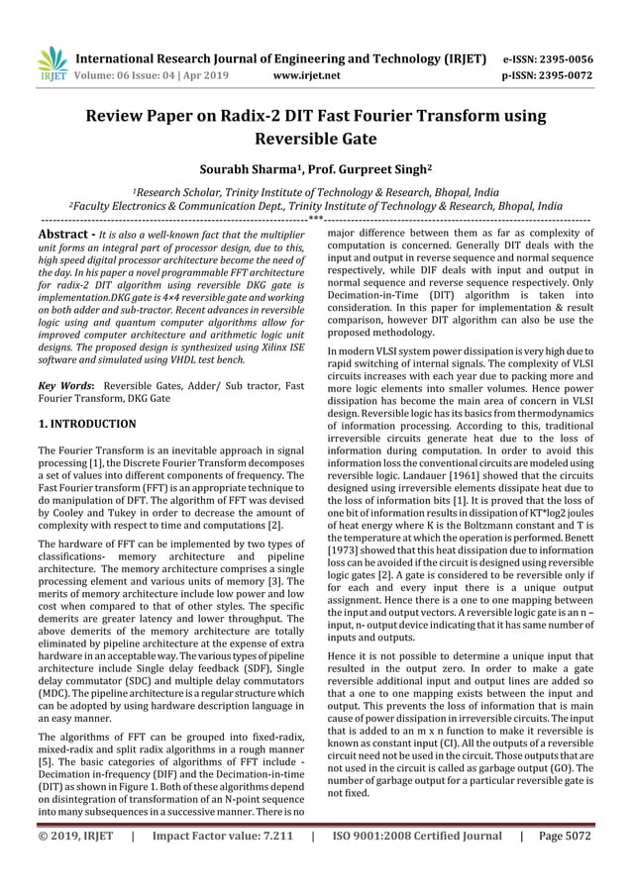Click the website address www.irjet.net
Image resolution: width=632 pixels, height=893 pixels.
pyautogui.click(x=306, y=74)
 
